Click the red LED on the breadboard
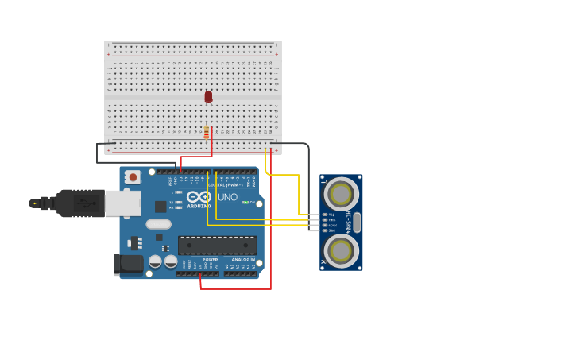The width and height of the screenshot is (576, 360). pyautogui.click(x=208, y=96)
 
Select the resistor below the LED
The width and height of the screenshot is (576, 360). pyautogui.click(x=207, y=132)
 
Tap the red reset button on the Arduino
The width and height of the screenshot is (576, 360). pyautogui.click(x=133, y=176)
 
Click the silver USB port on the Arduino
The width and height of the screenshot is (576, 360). pyautogui.click(x=123, y=203)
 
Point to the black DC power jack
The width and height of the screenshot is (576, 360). pyautogui.click(x=128, y=265)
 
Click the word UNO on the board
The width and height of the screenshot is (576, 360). pyautogui.click(x=227, y=197)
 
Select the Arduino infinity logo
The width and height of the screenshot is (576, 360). pyautogui.click(x=199, y=196)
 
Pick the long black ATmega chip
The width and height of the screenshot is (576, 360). pyautogui.click(x=217, y=246)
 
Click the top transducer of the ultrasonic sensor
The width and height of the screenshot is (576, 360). pyautogui.click(x=341, y=195)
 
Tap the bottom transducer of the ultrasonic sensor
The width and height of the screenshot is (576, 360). pyautogui.click(x=341, y=250)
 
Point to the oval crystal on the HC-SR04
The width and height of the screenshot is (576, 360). pyautogui.click(x=357, y=223)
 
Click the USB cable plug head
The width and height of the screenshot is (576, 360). pyautogui.click(x=80, y=203)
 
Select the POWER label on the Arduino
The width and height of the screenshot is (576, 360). pyautogui.click(x=210, y=260)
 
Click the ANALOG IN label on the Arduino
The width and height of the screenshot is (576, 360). pyautogui.click(x=243, y=260)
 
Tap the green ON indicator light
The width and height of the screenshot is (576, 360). pyautogui.click(x=246, y=203)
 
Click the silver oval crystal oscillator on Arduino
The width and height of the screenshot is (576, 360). pyautogui.click(x=158, y=224)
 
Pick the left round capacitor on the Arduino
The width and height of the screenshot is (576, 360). pyautogui.click(x=156, y=261)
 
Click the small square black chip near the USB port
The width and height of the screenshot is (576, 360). pyautogui.click(x=160, y=207)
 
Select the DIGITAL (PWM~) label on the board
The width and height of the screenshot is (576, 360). pyautogui.click(x=225, y=185)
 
